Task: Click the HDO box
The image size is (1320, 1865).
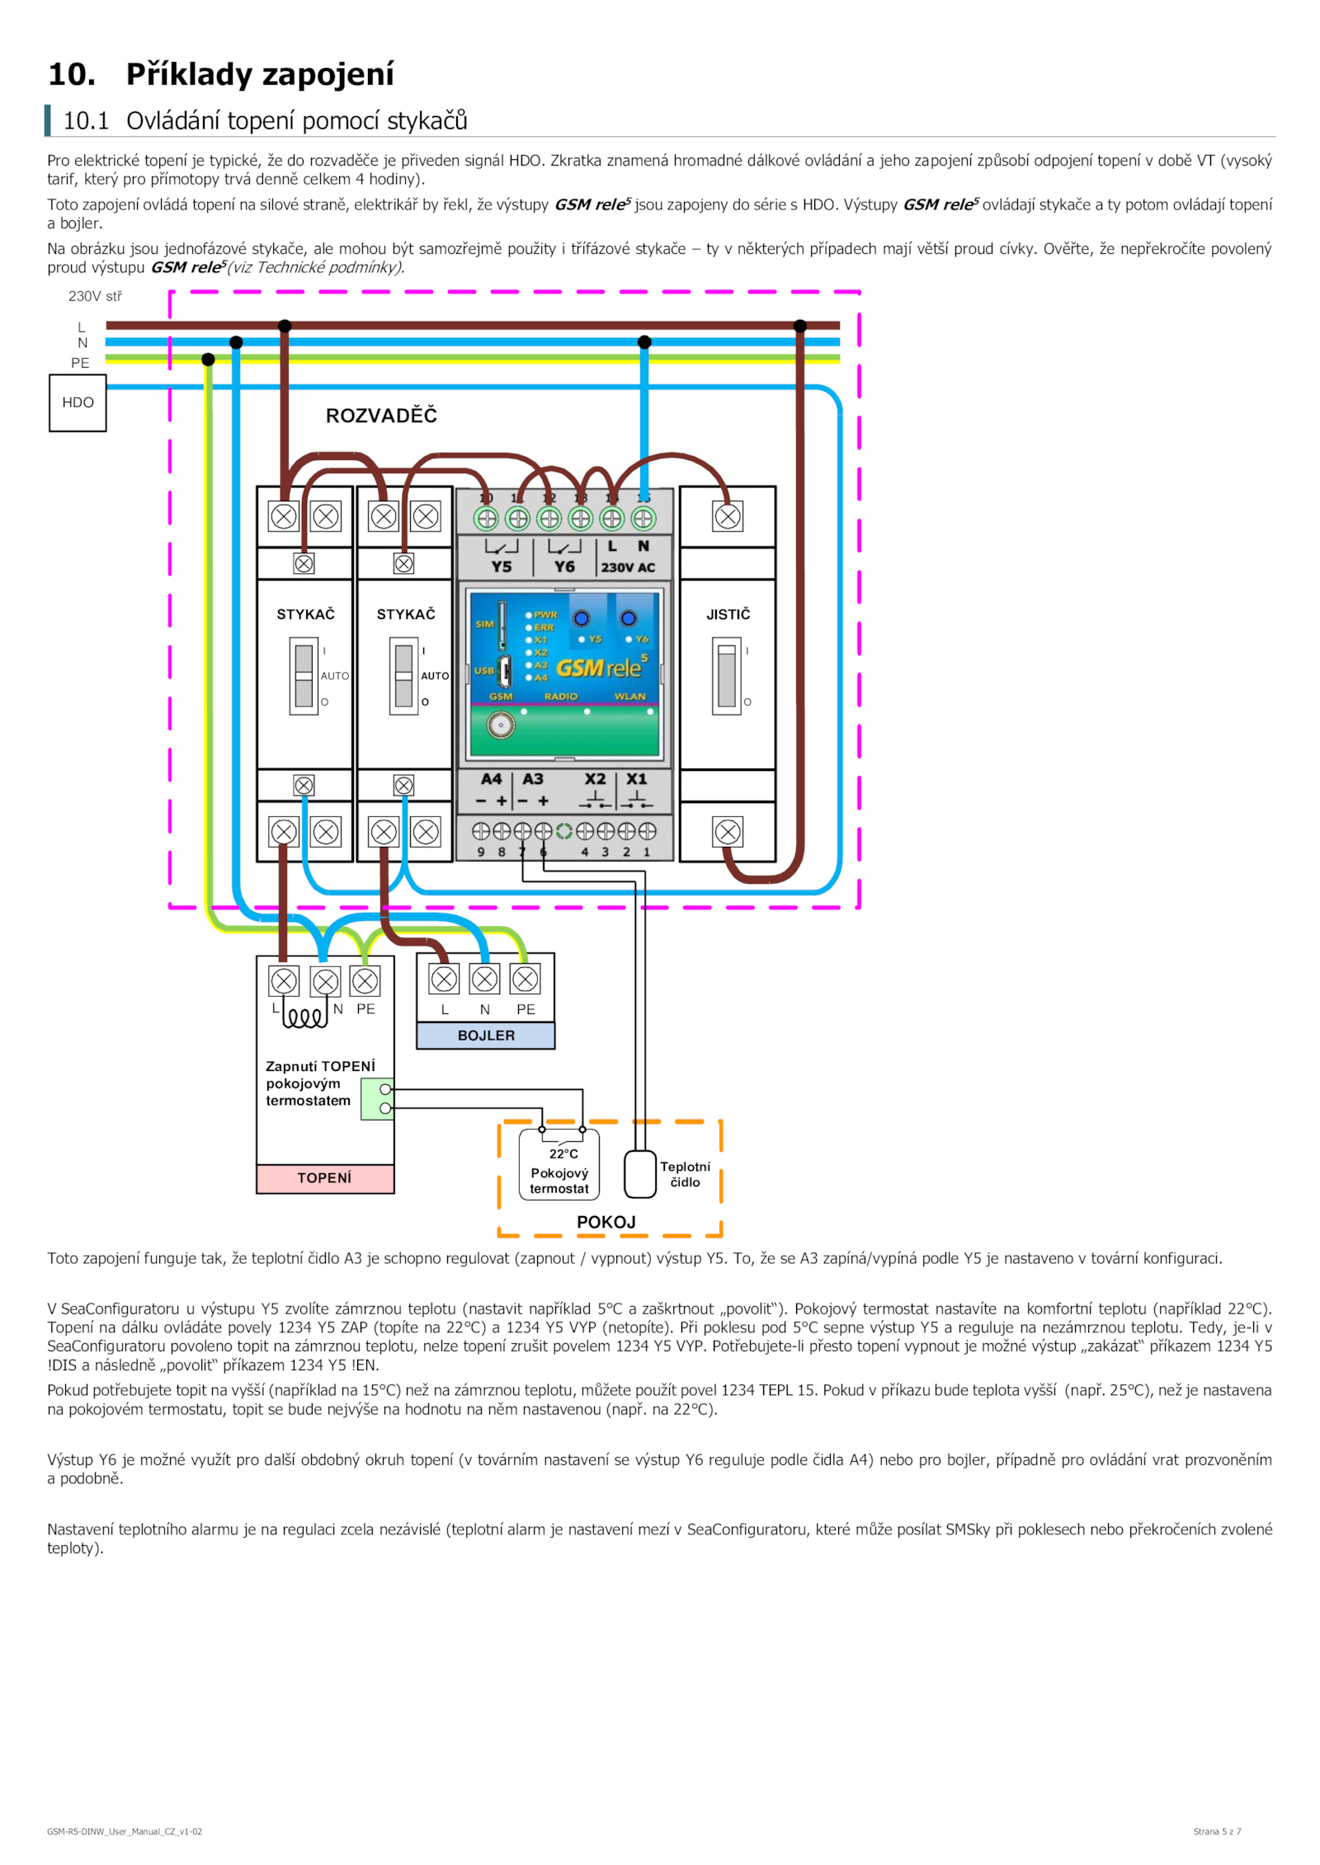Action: [x=78, y=402]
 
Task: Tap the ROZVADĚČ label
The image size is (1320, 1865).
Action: [x=381, y=416]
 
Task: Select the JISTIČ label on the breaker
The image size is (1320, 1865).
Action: [x=728, y=614]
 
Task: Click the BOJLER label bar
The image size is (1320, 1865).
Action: [x=486, y=1036]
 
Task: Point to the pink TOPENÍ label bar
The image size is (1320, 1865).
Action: [x=325, y=1178]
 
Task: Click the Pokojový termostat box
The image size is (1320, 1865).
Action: [x=559, y=1163]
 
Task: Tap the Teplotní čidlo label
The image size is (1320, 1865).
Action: [x=685, y=1174]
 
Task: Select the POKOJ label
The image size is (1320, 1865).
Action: [x=606, y=1222]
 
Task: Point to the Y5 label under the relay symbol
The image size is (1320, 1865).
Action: [x=502, y=566]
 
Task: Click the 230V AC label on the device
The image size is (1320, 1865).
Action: [x=628, y=567]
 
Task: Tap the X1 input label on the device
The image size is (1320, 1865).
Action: [x=637, y=779]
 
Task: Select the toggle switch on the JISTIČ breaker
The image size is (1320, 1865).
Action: [x=727, y=676]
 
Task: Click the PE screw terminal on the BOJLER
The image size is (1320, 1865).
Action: [x=526, y=979]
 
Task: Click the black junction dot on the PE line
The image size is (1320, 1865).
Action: [x=208, y=359]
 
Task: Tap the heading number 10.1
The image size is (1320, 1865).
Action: [x=86, y=121]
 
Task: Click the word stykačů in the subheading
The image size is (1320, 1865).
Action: [x=427, y=121]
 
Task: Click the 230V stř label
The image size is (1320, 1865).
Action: [x=95, y=296]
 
